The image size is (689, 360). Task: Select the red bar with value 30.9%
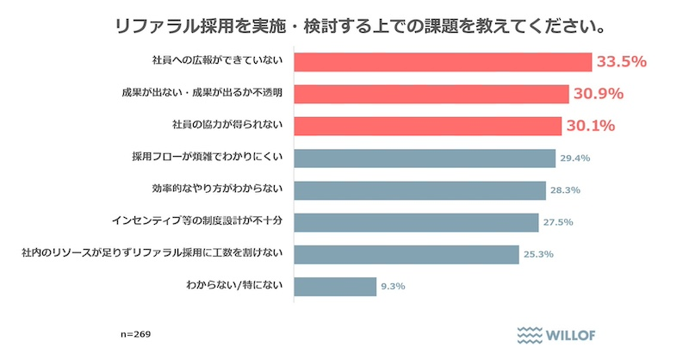431,94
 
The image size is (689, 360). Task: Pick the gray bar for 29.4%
425,158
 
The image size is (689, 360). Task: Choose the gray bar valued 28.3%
420,190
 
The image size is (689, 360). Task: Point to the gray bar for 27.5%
416,222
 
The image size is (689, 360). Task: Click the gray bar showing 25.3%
407,254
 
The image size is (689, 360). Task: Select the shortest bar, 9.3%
335,286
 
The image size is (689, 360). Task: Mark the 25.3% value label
537,255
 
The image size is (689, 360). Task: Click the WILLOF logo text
572,335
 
